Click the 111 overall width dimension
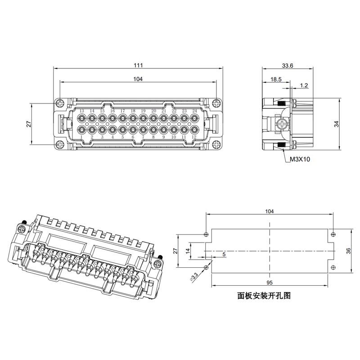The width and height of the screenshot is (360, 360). pos(138,65)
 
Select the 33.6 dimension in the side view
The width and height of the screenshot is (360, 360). pos(288,66)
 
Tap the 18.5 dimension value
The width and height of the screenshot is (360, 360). pos(276,80)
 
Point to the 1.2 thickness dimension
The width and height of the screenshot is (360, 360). pos(304,85)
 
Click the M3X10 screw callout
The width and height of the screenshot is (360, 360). pos(300,159)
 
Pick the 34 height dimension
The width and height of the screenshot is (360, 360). pos(336,124)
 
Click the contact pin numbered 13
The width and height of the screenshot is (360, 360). pos(82,119)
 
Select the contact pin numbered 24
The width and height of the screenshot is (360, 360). pos(194,119)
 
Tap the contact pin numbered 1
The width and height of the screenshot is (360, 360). pos(82,130)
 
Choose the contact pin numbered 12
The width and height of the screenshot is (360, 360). pos(194,130)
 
